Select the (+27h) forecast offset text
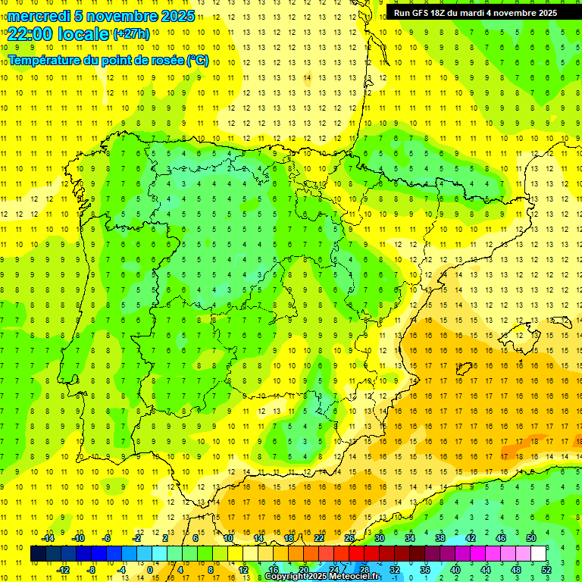click(130, 34)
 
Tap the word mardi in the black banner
click(477, 13)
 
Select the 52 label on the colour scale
click(546, 570)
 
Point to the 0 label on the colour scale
click(149, 570)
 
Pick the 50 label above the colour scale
click(531, 538)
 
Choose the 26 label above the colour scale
click(349, 538)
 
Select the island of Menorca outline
click(524, 330)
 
